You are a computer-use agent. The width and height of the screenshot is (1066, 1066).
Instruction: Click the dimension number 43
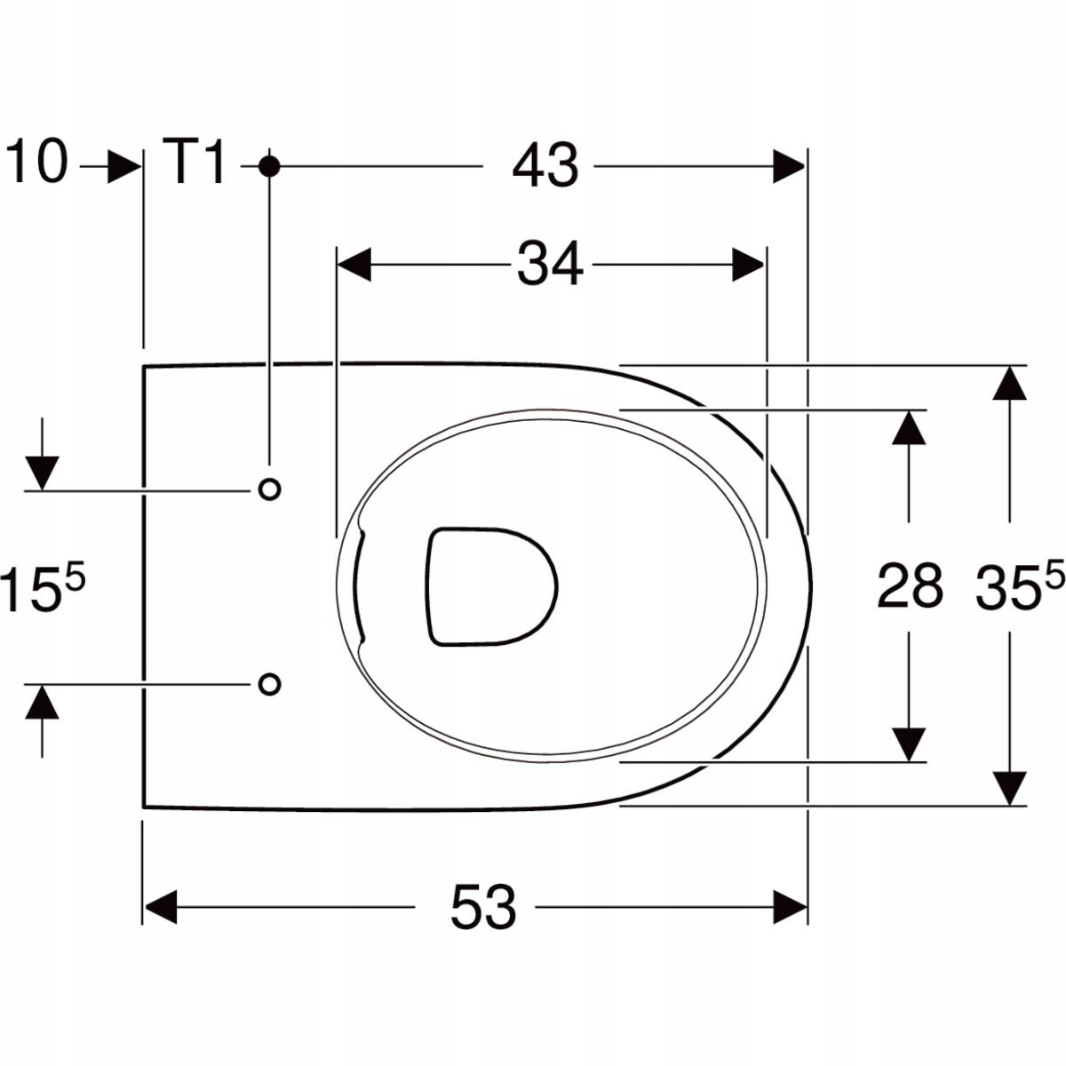click(545, 165)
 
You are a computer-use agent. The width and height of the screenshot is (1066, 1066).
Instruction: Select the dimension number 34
click(550, 264)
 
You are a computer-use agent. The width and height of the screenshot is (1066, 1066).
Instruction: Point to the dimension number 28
click(910, 585)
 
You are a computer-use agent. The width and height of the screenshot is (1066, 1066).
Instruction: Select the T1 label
click(195, 162)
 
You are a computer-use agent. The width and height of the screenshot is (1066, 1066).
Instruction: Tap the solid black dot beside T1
click(269, 166)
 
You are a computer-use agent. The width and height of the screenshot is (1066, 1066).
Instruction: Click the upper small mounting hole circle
click(269, 489)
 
